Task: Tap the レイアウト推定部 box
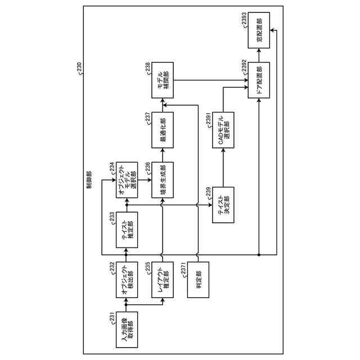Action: click(163, 281)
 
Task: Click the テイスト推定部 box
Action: click(127, 231)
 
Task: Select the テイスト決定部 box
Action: click(223, 205)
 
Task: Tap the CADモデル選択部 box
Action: click(223, 130)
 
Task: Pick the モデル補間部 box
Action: click(163, 82)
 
